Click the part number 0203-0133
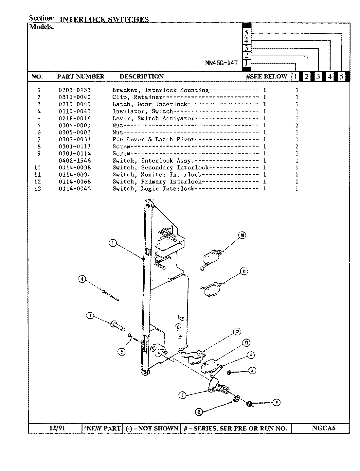(x=75, y=90)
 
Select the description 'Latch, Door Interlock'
(x=150, y=104)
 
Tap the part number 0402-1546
(x=75, y=161)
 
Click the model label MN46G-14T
(x=221, y=63)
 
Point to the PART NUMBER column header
(x=81, y=77)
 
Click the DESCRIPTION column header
(x=141, y=77)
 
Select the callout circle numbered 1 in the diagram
(x=113, y=243)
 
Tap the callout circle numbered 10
(x=242, y=235)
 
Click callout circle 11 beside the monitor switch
(x=244, y=271)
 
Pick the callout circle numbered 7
(x=90, y=316)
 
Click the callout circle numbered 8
(x=82, y=279)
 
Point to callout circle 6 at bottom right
(x=277, y=403)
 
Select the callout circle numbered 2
(x=198, y=412)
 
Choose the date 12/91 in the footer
(x=55, y=428)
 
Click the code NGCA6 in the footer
(x=324, y=428)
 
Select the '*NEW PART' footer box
(x=102, y=428)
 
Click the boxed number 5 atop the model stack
(x=246, y=33)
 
